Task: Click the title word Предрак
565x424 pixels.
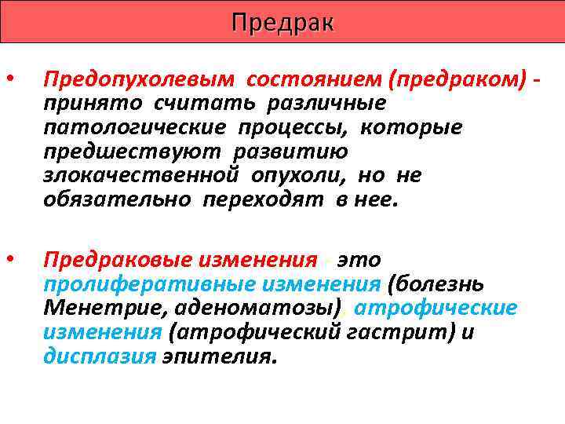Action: [282, 23]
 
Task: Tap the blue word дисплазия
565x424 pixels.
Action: [99, 356]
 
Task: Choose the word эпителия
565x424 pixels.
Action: [219, 356]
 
